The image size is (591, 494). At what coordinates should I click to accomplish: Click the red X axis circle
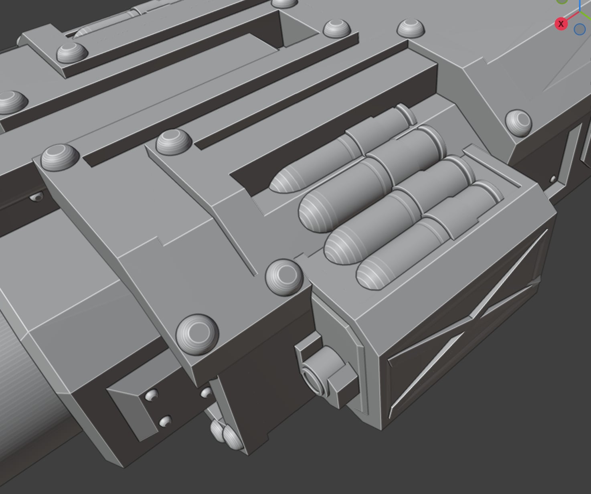click(x=561, y=24)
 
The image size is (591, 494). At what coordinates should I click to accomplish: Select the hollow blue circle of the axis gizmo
click(x=579, y=29)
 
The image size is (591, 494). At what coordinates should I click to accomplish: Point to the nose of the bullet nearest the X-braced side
click(x=368, y=276)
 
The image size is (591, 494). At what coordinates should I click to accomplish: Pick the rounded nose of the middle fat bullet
click(x=337, y=249)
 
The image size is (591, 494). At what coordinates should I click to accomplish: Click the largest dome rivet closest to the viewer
click(x=197, y=334)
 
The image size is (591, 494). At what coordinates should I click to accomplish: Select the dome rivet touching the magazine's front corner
click(x=284, y=277)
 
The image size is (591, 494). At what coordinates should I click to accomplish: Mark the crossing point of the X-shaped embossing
click(x=471, y=318)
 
